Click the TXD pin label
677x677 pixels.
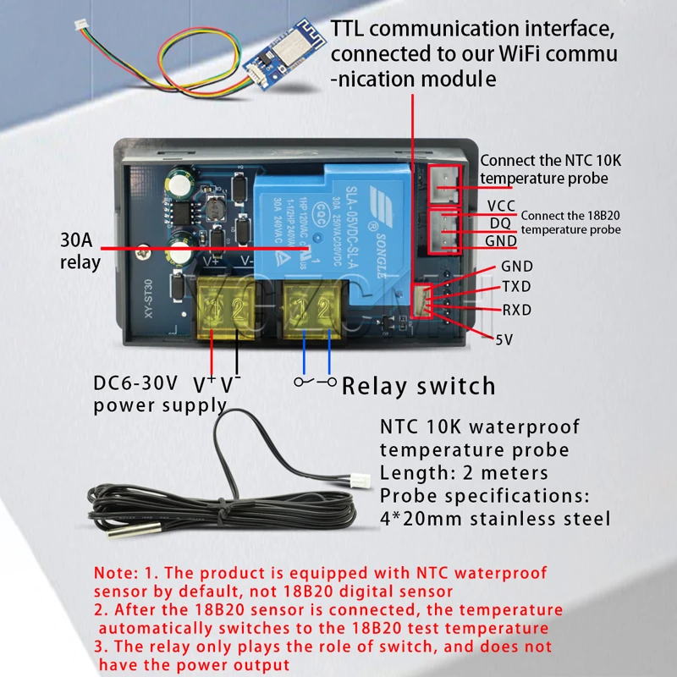coord(516,287)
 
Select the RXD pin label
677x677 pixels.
coord(516,310)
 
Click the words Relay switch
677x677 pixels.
coord(418,387)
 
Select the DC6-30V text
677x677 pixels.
coord(135,383)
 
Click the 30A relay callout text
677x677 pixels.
coord(80,251)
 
